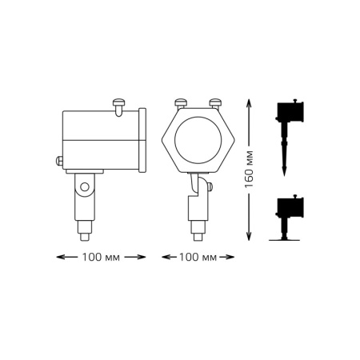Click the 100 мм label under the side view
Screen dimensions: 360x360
point(101,257)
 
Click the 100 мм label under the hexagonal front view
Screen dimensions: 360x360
point(197,257)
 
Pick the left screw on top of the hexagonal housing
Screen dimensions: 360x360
point(180,102)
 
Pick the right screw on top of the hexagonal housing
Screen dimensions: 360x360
point(214,102)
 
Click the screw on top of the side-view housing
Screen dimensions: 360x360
point(121,102)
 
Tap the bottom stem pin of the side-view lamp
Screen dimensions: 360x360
point(83,235)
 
